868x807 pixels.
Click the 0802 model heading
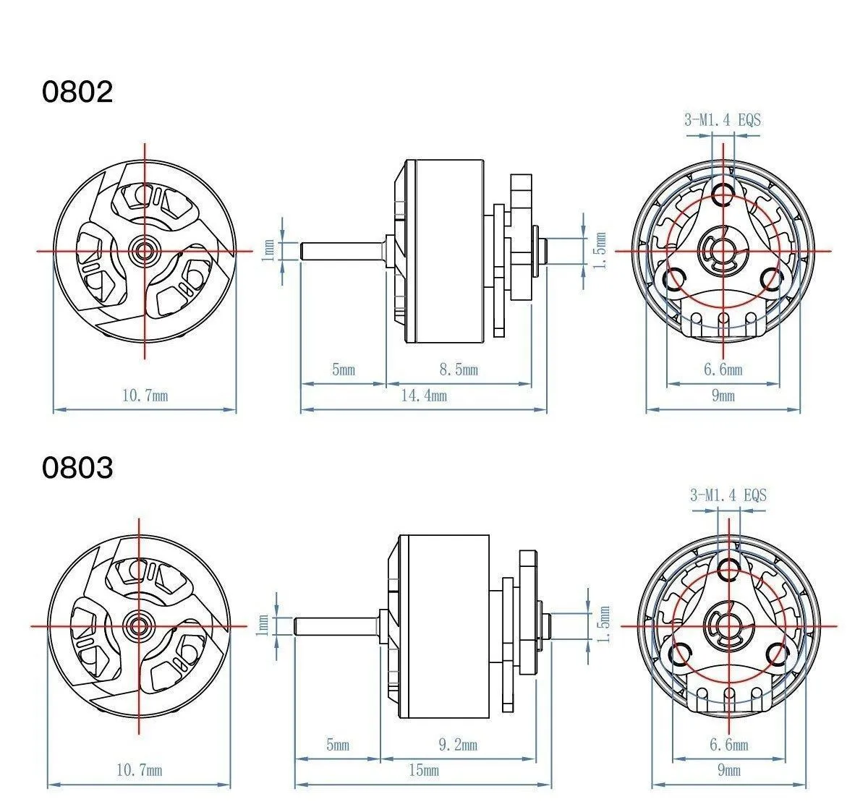pos(77,92)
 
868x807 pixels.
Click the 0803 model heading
pos(77,467)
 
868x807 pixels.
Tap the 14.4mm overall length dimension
pos(424,396)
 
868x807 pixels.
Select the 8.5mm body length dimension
pos(459,370)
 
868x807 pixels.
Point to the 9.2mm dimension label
pos(458,745)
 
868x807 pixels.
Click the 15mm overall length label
pos(424,770)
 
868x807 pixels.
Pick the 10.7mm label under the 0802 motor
pos(145,396)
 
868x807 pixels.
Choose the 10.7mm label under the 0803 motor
pos(139,770)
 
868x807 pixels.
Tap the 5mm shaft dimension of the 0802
pos(344,370)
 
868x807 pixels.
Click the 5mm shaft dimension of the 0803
pos(338,745)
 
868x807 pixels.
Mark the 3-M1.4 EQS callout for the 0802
pos(723,120)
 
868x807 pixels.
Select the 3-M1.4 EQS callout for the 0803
pos(728,495)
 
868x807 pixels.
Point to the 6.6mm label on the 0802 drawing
pos(723,370)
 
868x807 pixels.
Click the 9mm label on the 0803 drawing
pos(729,770)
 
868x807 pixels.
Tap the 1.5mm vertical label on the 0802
pos(601,250)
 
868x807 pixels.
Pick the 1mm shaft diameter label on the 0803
pos(263,625)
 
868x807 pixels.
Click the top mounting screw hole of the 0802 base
pos(723,194)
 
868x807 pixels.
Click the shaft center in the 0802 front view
pos(144,251)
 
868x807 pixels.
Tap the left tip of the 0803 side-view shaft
pos(295,625)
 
